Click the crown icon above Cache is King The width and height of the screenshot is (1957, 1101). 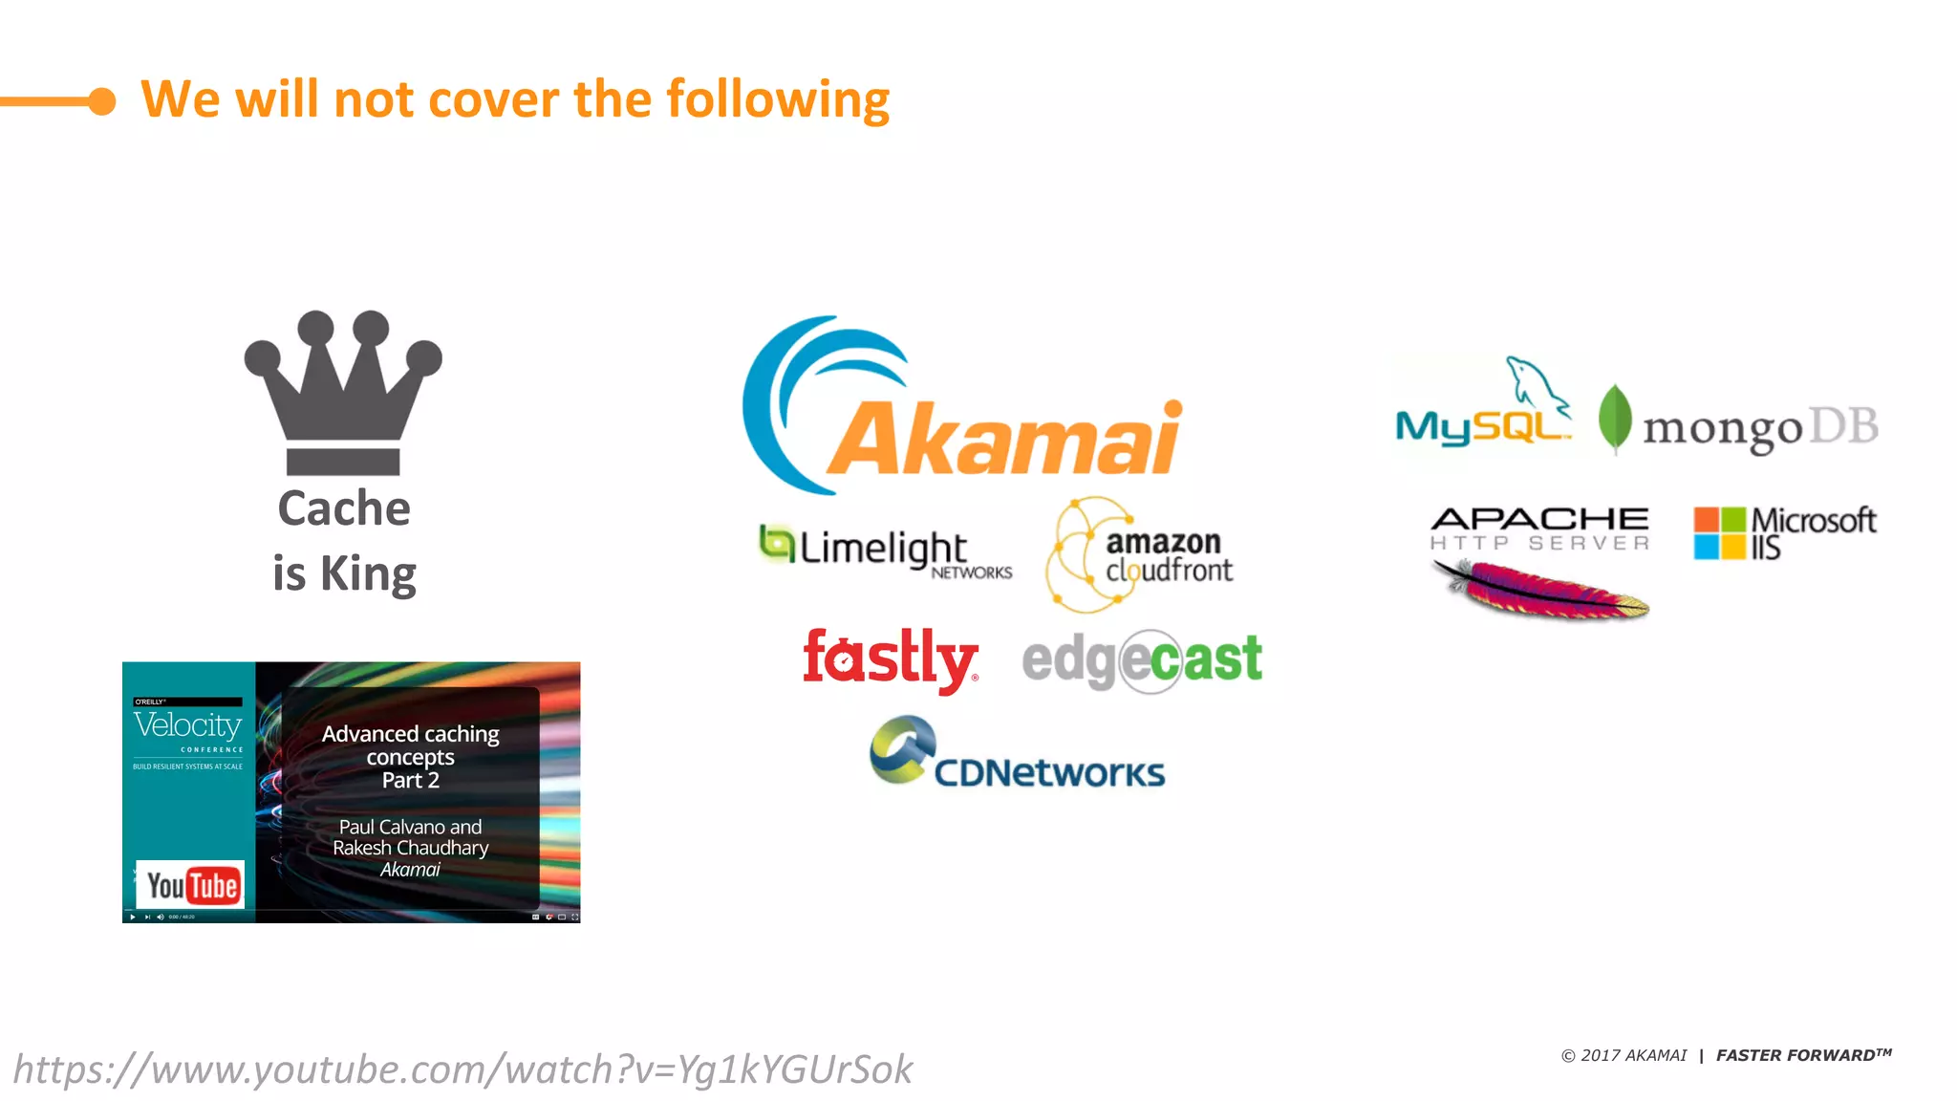click(x=343, y=392)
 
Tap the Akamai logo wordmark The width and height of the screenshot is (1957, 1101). click(x=1003, y=440)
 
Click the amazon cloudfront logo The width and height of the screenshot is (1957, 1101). click(x=1142, y=555)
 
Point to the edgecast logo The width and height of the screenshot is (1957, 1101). click(x=1142, y=659)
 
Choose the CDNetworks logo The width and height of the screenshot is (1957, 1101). click(x=1018, y=755)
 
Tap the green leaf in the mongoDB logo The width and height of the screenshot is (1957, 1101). click(x=1615, y=418)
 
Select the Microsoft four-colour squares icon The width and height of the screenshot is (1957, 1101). click(x=1719, y=533)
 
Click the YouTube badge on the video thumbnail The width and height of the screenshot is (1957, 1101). click(x=191, y=886)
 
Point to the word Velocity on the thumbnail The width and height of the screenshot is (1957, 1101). click(x=187, y=724)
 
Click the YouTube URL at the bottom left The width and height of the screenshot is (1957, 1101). click(x=462, y=1069)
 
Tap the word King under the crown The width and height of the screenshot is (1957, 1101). click(x=368, y=573)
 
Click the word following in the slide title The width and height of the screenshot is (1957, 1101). click(x=778, y=99)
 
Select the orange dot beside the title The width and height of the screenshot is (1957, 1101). click(x=102, y=100)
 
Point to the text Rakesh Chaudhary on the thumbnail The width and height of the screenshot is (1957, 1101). click(x=411, y=848)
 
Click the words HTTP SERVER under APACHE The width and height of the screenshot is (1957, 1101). click(x=1539, y=543)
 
